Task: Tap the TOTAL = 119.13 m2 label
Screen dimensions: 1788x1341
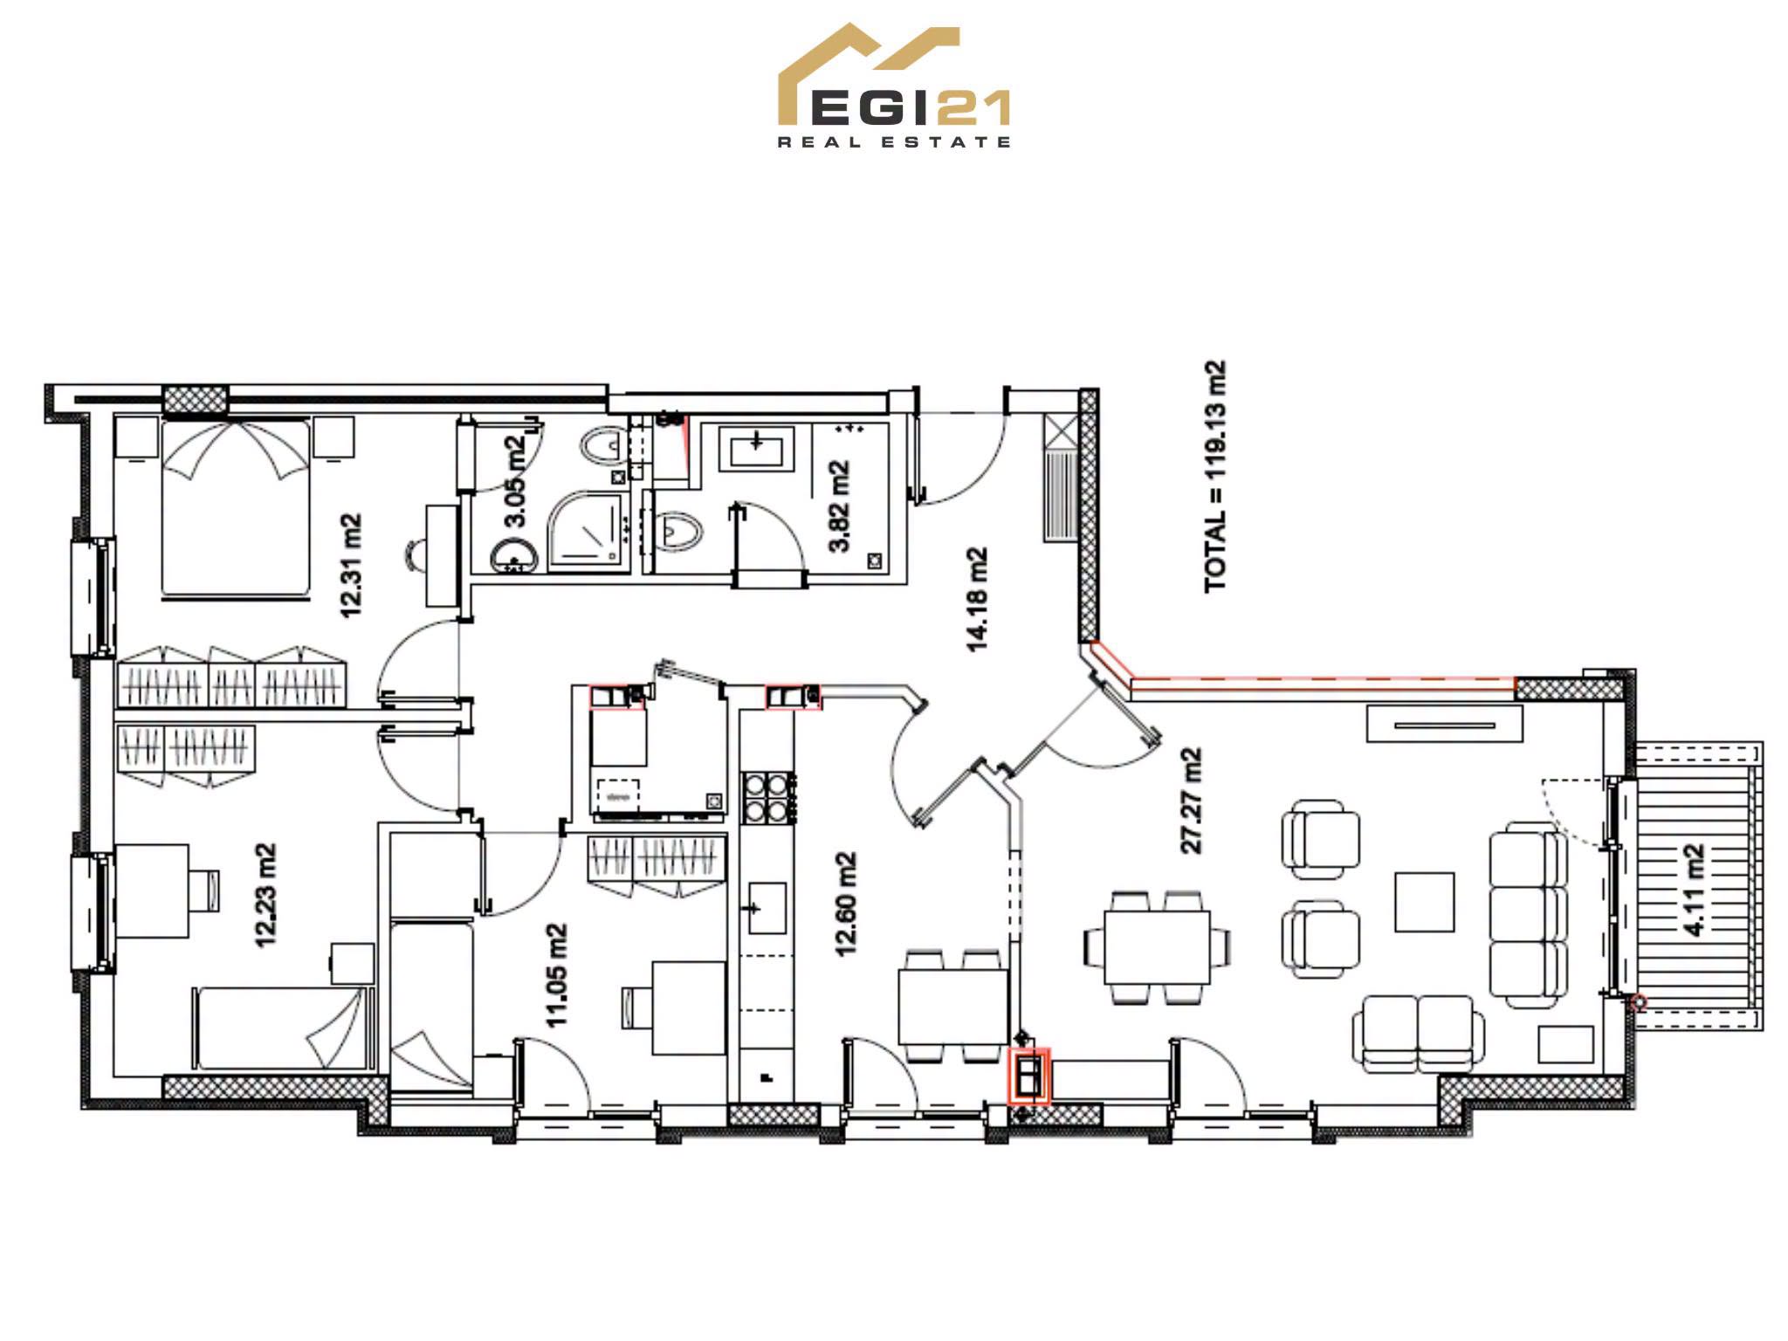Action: tap(1215, 477)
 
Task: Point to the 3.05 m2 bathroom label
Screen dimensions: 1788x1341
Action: tap(515, 481)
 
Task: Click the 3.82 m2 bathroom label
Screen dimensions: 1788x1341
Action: tap(839, 506)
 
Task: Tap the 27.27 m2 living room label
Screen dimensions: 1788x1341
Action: tap(1190, 800)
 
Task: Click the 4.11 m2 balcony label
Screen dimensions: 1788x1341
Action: tap(1693, 890)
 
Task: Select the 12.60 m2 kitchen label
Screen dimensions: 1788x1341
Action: tap(845, 904)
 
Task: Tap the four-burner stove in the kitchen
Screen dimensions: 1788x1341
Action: tap(767, 798)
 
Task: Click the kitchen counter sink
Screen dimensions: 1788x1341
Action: tap(767, 908)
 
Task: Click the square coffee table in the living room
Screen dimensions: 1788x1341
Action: tap(1425, 902)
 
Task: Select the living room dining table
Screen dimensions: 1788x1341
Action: tap(1157, 947)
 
